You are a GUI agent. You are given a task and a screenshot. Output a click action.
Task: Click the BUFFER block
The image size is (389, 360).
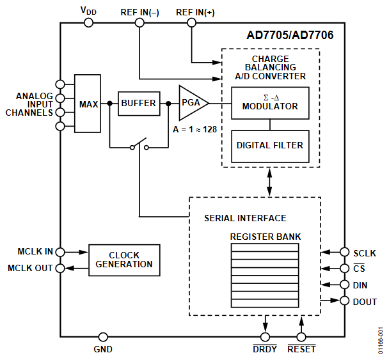pyautogui.click(x=138, y=103)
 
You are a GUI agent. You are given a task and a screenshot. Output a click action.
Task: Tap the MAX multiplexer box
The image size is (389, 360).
pyautogui.click(x=88, y=104)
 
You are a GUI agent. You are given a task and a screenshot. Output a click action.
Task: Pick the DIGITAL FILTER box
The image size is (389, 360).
pyautogui.click(x=269, y=145)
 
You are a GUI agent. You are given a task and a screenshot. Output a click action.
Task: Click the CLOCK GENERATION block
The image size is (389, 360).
pyautogui.click(x=125, y=260)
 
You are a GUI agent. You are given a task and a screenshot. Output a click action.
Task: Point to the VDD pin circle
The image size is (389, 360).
pyautogui.click(x=88, y=22)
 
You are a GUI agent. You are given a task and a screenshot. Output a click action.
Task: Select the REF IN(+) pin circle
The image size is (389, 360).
pyautogui.click(x=191, y=22)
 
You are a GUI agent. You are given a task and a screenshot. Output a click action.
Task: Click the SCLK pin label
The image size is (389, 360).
pyautogui.click(x=364, y=253)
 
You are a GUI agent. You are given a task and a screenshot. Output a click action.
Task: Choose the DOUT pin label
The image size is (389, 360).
pyautogui.click(x=365, y=301)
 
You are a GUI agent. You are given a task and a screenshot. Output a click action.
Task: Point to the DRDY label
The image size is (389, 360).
pyautogui.click(x=266, y=350)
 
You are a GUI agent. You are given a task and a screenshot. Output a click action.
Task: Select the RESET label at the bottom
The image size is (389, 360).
pyautogui.click(x=301, y=350)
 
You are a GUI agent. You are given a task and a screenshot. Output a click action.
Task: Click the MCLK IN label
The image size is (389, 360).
pyautogui.click(x=35, y=251)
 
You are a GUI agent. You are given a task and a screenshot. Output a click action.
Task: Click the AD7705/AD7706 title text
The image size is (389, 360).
pyautogui.click(x=289, y=35)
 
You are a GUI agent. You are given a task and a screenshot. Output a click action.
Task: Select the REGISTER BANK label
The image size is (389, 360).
pyautogui.click(x=265, y=237)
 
